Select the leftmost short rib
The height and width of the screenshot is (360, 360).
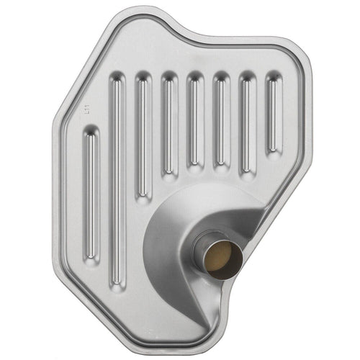pos(91,194)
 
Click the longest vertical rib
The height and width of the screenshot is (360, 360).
pos(117,180)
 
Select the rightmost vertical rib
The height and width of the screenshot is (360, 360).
pos(274,112)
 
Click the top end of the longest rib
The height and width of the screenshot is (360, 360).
pos(116,81)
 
